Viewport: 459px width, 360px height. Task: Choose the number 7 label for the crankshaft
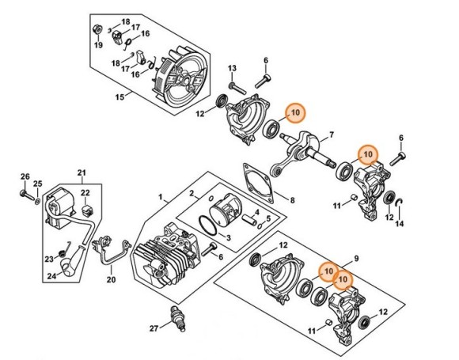click(x=331, y=135)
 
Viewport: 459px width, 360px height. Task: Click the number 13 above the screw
click(x=233, y=69)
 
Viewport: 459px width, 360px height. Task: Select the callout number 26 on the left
click(x=25, y=176)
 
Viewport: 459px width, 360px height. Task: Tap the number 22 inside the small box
click(x=86, y=193)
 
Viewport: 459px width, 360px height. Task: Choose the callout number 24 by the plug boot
click(x=52, y=277)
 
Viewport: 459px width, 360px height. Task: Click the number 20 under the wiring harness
click(x=111, y=279)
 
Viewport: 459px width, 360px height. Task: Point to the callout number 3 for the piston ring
click(x=228, y=237)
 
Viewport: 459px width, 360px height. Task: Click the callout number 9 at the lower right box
click(x=356, y=259)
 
